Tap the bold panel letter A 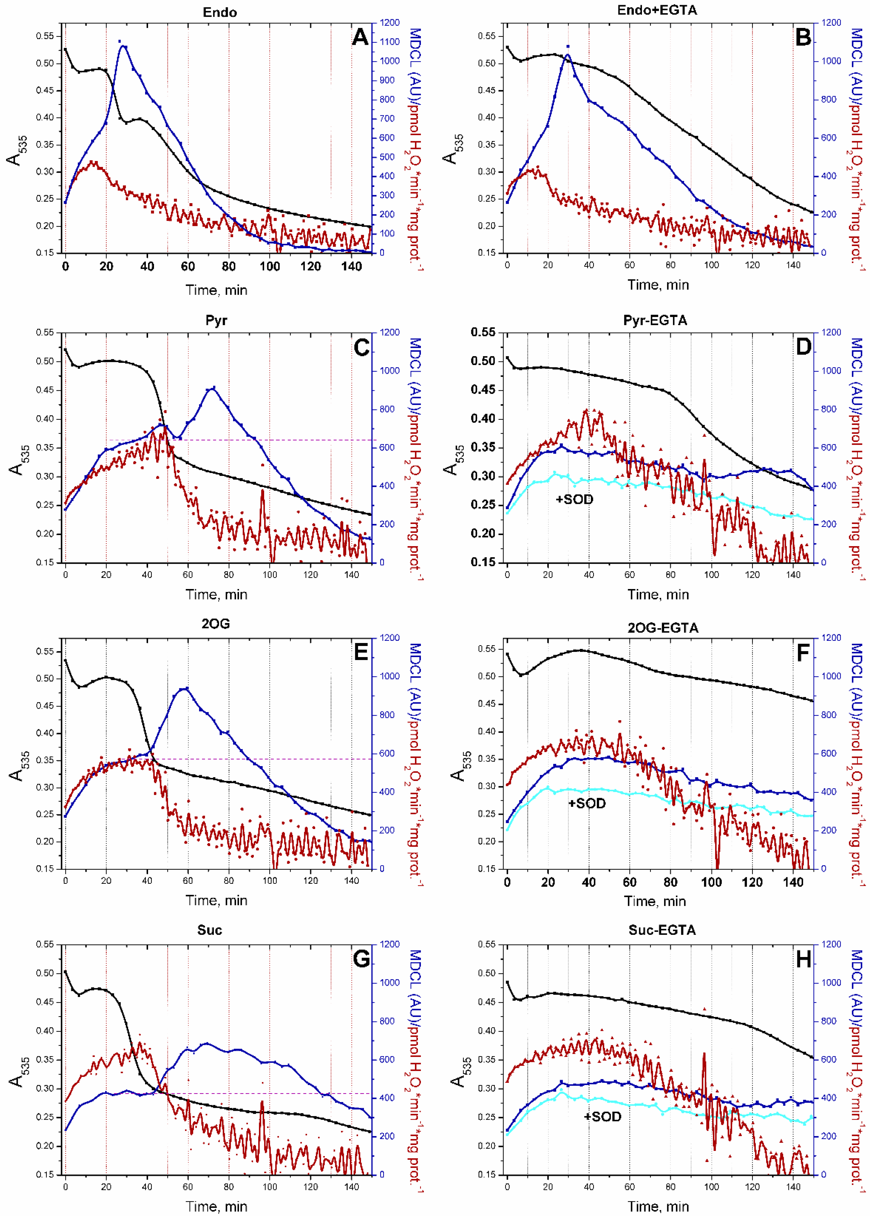(x=360, y=37)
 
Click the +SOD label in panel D (x=574, y=499)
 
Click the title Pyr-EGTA (x=655, y=320)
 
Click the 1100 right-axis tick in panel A (x=389, y=42)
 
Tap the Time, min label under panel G (x=216, y=1206)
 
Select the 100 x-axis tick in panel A (x=270, y=266)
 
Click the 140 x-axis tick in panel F (x=793, y=882)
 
